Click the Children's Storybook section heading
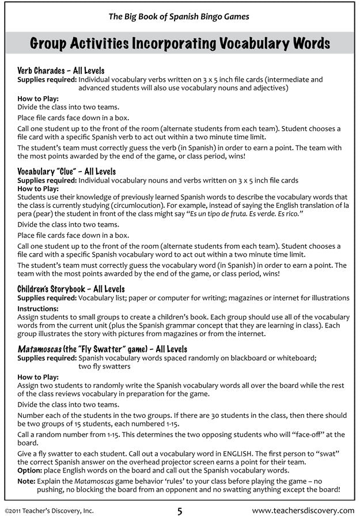point(71,290)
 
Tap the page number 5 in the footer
point(180,509)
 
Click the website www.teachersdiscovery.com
point(303,510)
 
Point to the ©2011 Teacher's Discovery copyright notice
point(48,510)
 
